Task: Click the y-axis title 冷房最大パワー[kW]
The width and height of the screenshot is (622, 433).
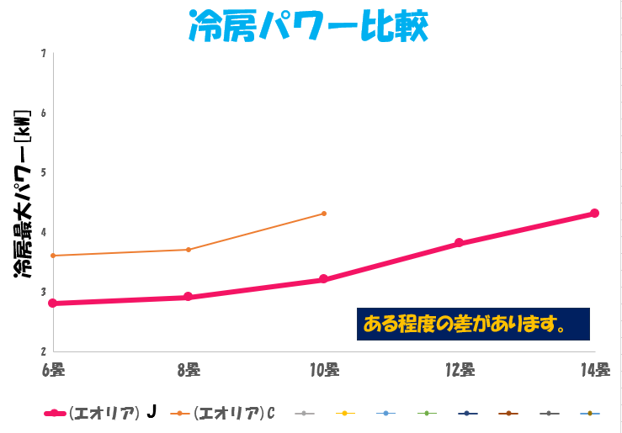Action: click(x=23, y=194)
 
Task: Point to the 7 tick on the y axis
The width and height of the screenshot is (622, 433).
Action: click(x=43, y=53)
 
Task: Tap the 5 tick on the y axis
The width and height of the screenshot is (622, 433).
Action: click(x=43, y=172)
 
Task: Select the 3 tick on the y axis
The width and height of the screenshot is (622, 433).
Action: click(x=43, y=292)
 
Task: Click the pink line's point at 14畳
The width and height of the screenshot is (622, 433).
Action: click(x=594, y=214)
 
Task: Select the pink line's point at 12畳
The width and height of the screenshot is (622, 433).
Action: click(x=459, y=243)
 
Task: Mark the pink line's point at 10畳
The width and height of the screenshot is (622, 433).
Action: click(x=323, y=279)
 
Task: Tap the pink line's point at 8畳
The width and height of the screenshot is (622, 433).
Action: click(x=188, y=297)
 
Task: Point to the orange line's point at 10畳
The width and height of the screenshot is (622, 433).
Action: click(x=324, y=214)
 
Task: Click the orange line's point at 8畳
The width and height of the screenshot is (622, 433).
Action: click(x=188, y=250)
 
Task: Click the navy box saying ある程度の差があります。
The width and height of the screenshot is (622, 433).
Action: click(x=472, y=324)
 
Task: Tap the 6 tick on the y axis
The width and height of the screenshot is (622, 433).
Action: click(x=43, y=113)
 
